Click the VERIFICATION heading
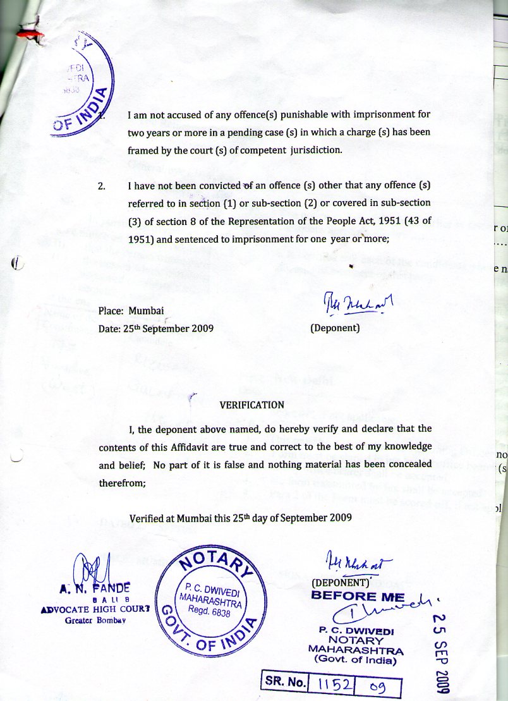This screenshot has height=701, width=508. (x=251, y=405)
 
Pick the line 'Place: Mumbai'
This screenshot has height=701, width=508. (x=129, y=311)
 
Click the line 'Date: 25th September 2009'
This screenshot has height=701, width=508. (x=156, y=329)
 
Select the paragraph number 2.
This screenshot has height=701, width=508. (x=102, y=186)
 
